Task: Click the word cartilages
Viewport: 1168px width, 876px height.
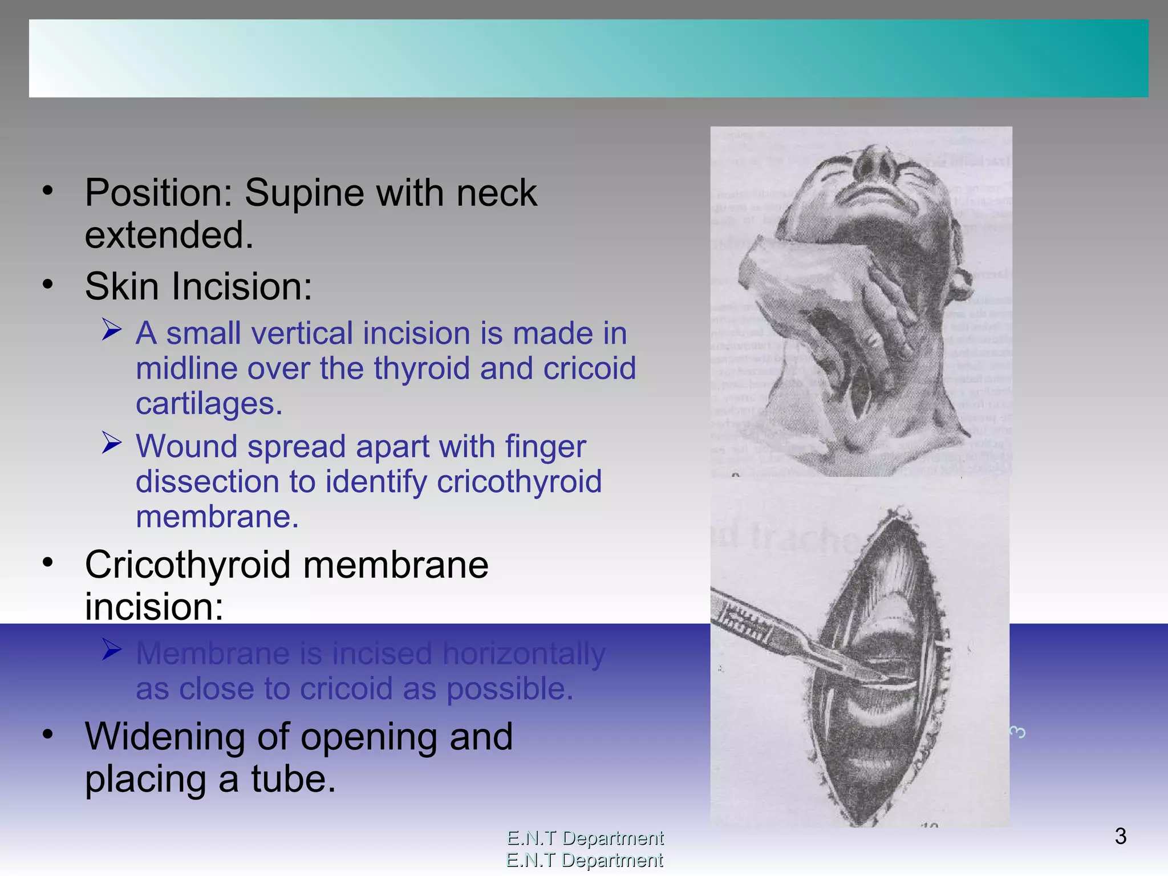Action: [x=209, y=404]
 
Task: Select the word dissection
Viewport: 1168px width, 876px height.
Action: [x=224, y=482]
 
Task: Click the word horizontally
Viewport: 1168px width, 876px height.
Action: [x=524, y=654]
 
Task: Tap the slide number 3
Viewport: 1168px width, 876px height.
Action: [x=1120, y=837]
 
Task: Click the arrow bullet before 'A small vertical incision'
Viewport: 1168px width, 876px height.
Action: [x=112, y=329]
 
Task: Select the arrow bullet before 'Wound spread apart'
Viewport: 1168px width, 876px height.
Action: [x=112, y=443]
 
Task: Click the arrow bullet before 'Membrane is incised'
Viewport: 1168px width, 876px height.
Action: [x=112, y=650]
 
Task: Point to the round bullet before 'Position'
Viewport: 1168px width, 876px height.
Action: [x=48, y=190]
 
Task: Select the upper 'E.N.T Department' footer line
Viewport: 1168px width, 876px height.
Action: [x=585, y=838]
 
